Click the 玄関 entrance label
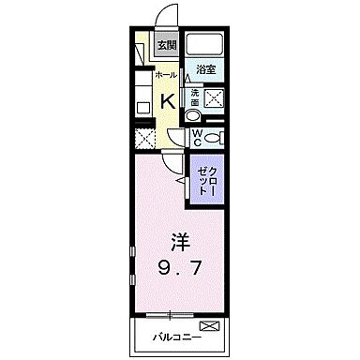(166, 45)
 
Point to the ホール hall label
(164, 73)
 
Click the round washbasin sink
(193, 116)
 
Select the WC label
(198, 137)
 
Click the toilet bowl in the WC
(214, 137)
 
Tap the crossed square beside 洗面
(213, 97)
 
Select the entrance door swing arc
(167, 17)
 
